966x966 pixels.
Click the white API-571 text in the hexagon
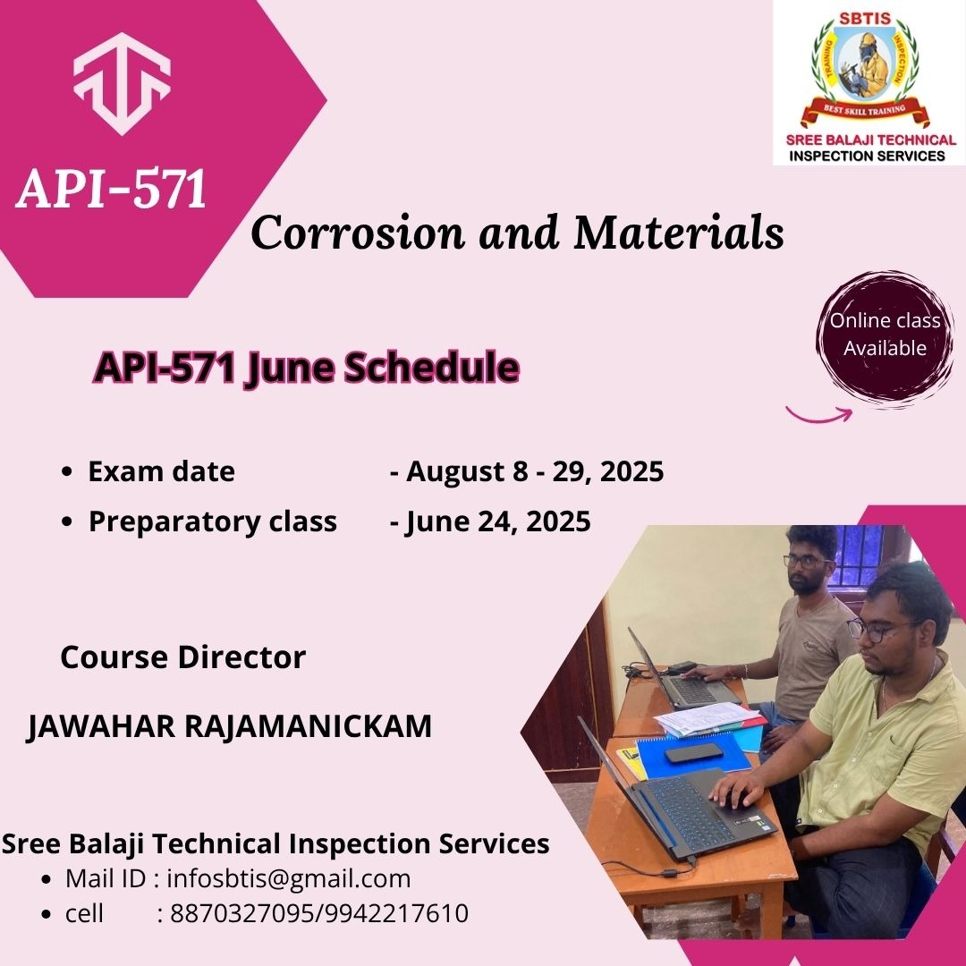click(111, 188)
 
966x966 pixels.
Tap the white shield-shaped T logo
click(122, 83)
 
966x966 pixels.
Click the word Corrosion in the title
click(357, 233)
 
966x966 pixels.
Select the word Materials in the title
click(678, 233)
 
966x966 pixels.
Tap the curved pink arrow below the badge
click(819, 415)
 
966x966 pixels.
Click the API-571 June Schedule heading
click(306, 368)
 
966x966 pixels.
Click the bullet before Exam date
click(67, 472)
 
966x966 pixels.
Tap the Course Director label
click(183, 657)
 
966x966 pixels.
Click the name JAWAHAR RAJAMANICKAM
click(229, 726)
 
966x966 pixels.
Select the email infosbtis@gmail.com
click(289, 878)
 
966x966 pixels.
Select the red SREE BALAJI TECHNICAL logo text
click(870, 140)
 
